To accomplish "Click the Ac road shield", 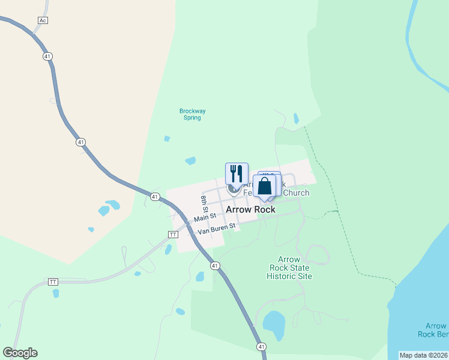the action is (42, 20).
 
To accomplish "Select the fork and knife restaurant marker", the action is (237, 173).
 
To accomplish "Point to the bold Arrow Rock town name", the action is (250, 209).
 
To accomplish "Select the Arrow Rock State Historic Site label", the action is (289, 268).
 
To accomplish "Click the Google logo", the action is (20, 353).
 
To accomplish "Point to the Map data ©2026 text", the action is (423, 355).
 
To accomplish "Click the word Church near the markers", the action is (296, 193).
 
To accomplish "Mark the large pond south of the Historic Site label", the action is (275, 325).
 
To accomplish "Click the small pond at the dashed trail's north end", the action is (296, 118).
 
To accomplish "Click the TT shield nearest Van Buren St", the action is (173, 235).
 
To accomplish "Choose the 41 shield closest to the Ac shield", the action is (47, 56).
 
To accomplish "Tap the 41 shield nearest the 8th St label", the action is (155, 197).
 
